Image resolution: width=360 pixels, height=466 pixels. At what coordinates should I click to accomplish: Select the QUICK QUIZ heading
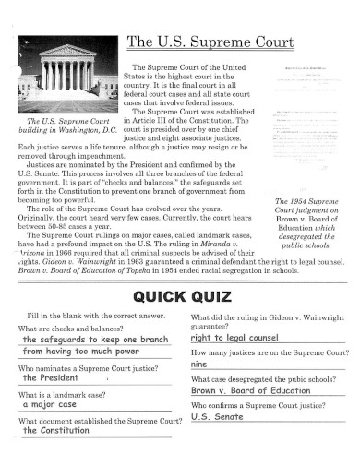click(x=179, y=297)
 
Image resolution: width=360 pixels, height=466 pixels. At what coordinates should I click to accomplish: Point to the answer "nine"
click(x=199, y=364)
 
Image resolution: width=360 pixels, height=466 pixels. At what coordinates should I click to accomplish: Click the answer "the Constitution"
click(x=58, y=457)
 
